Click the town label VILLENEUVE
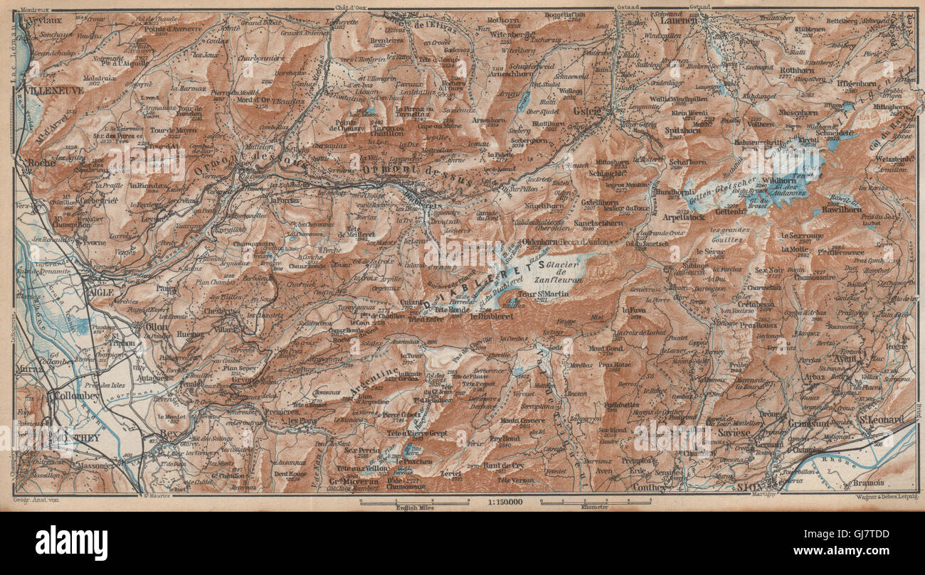coord(53,91)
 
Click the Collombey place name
coord(74,396)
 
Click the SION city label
coord(749,487)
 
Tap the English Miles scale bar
coord(414,504)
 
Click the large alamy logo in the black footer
coord(71,543)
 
